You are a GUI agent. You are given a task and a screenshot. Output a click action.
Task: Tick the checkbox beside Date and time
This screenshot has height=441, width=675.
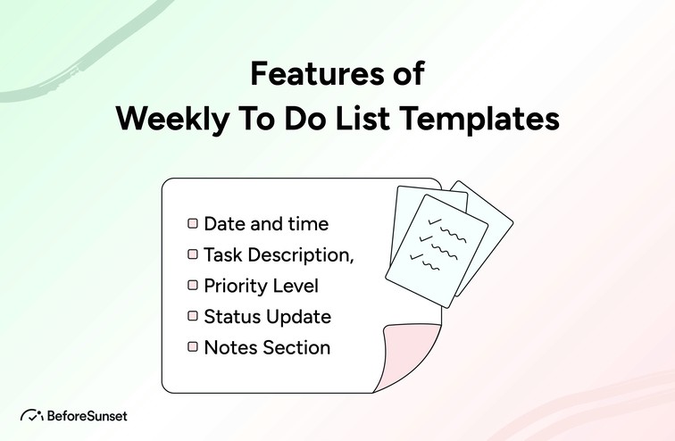[x=192, y=224]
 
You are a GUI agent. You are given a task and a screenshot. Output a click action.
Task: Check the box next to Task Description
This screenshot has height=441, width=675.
[x=192, y=254]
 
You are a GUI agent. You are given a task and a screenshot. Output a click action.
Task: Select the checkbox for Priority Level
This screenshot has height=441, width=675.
[x=192, y=286]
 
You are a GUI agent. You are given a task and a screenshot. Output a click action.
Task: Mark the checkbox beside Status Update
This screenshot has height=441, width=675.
[x=192, y=316]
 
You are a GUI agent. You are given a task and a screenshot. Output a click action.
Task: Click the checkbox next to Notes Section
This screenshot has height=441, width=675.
[x=192, y=347]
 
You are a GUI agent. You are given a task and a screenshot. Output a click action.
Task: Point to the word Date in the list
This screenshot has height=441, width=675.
[x=224, y=224]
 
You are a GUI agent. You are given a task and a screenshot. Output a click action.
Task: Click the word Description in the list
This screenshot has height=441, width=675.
[x=298, y=254]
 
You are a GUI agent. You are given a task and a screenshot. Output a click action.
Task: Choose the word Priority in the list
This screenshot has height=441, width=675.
[x=235, y=286]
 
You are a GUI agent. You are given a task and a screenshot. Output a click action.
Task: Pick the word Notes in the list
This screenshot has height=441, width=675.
[x=229, y=347]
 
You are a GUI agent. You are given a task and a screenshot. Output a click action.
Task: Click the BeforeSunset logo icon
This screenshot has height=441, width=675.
[x=32, y=415]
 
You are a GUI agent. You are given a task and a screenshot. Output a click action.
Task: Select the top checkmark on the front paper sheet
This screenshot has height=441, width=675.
[x=437, y=220]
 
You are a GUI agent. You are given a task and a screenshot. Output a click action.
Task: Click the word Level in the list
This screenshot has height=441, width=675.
[x=295, y=286]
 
